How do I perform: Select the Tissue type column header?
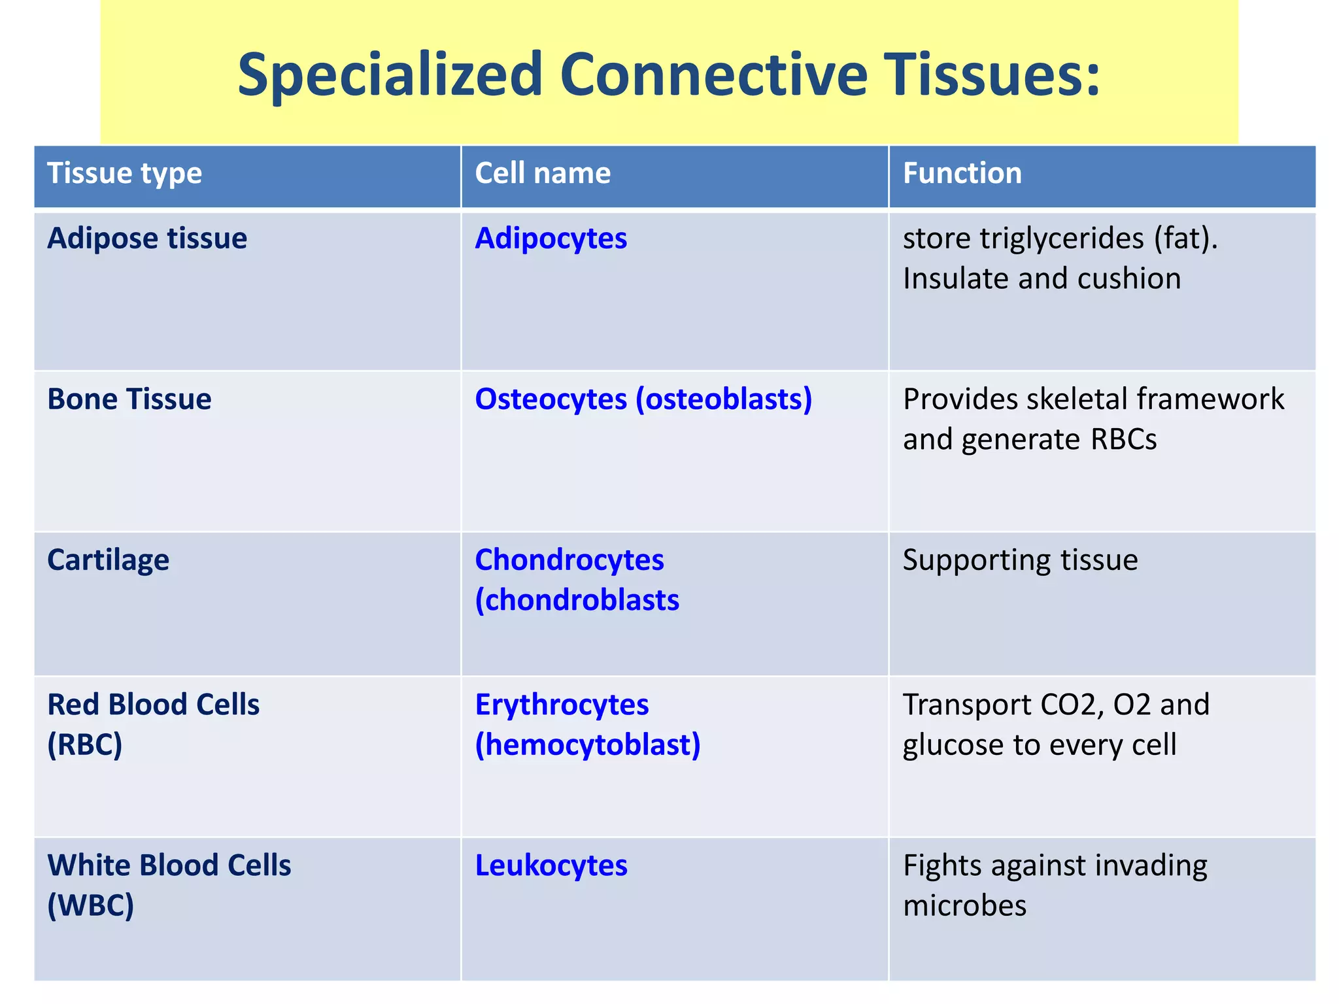(124, 174)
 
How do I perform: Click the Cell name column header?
(543, 174)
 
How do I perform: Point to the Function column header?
(962, 174)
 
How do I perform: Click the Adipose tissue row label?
(147, 239)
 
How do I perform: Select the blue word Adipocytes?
(551, 239)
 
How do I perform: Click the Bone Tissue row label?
(129, 399)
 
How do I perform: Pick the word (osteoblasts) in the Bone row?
(724, 399)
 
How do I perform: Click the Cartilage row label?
(108, 561)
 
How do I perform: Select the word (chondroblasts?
(577, 601)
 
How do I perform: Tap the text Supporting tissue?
(1020, 561)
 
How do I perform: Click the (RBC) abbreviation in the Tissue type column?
(84, 745)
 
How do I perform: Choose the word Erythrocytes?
(562, 705)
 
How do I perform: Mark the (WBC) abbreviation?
(90, 906)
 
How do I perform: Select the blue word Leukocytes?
(551, 866)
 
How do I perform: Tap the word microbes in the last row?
(964, 906)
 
